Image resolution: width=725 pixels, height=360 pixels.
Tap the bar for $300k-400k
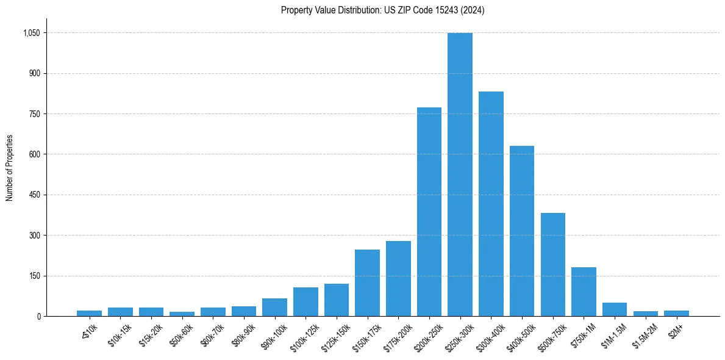coord(491,204)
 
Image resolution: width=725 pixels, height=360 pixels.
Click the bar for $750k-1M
coord(584,292)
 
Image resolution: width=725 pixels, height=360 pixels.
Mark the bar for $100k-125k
coord(305,301)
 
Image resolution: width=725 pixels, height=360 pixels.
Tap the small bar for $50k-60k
coord(182,314)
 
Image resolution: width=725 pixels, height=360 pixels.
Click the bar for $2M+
coord(676,313)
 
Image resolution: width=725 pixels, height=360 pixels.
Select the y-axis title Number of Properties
coord(9,168)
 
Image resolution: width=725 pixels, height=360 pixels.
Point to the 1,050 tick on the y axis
coord(31,33)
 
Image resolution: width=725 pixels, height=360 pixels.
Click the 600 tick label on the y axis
coord(35,154)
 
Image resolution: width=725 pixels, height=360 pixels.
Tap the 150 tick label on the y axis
coord(35,276)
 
